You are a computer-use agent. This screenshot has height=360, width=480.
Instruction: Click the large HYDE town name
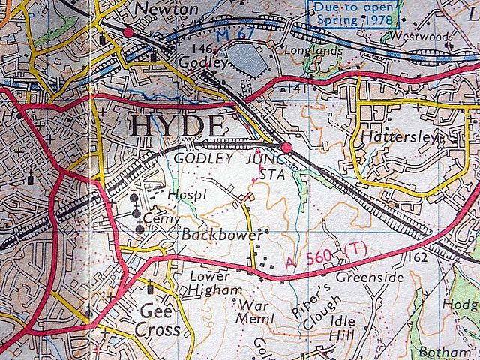click(x=178, y=126)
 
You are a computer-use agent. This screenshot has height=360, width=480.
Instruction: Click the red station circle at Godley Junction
click(x=286, y=147)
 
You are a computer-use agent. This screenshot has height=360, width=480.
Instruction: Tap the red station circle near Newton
click(x=129, y=32)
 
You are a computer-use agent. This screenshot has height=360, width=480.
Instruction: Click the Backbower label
click(x=223, y=235)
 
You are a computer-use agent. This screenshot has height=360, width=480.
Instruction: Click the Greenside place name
click(x=369, y=277)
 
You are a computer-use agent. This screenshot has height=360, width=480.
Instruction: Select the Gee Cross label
click(x=158, y=320)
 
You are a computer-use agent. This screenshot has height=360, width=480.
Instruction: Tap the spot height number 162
click(x=419, y=258)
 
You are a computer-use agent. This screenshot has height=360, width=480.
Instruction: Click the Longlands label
click(x=314, y=52)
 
